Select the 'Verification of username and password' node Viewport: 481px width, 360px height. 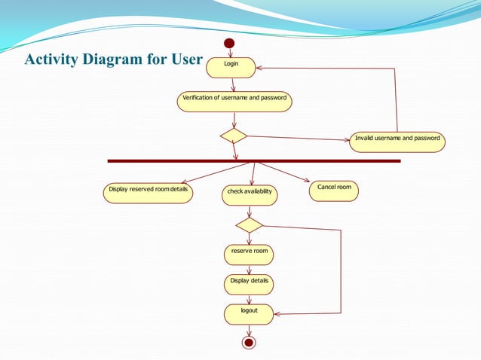234,101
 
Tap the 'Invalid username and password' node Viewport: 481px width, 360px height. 397,142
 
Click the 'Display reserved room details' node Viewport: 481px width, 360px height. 148,193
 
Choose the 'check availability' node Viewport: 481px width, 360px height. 250,195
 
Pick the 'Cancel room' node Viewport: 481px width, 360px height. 333,191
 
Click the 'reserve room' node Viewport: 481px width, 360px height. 249,255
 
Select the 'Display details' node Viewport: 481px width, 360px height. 249,284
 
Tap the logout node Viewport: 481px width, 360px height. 249,314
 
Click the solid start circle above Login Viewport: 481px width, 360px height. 230,43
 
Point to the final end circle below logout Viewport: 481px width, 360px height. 249,343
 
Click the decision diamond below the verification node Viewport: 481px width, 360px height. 234,136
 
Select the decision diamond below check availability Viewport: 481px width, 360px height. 249,224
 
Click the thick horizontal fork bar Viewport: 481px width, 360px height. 253,160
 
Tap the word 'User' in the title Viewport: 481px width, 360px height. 185,60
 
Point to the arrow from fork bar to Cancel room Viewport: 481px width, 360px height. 283,172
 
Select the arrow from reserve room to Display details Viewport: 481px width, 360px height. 249,270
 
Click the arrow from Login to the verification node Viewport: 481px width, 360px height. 233,84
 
